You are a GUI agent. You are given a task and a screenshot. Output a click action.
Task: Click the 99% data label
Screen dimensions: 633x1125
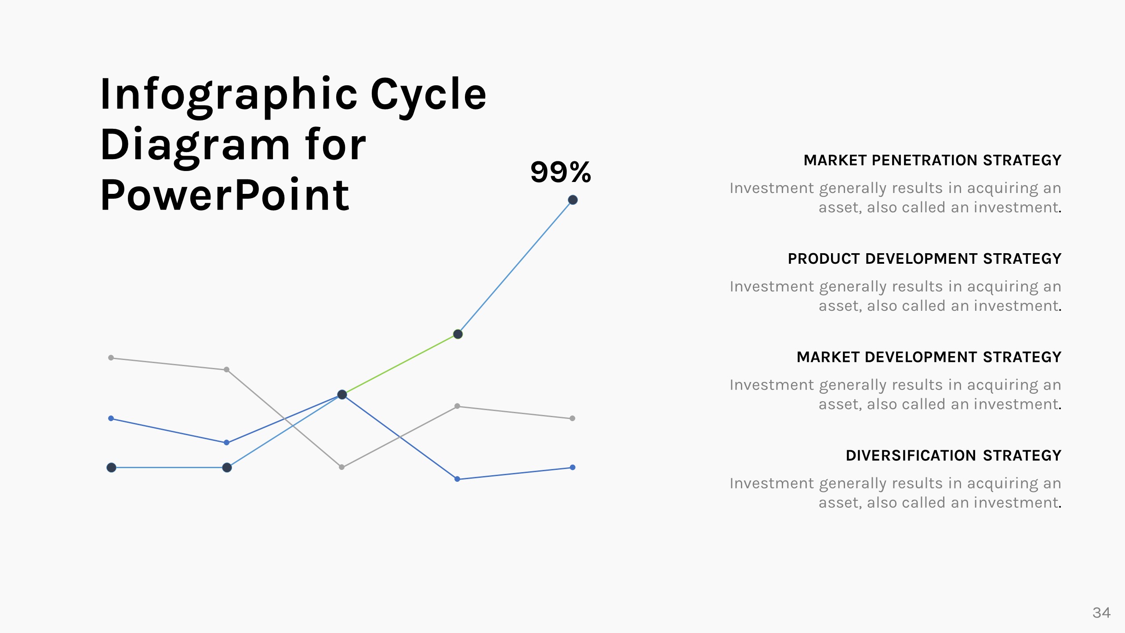(561, 172)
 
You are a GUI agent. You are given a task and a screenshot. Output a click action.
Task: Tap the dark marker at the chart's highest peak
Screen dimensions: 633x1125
(573, 200)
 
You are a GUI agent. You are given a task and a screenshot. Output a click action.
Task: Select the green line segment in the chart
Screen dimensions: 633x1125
(400, 364)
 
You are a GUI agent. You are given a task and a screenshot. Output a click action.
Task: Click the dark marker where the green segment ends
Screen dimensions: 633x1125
(458, 334)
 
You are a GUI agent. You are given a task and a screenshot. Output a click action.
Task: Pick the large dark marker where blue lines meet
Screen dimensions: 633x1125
(342, 395)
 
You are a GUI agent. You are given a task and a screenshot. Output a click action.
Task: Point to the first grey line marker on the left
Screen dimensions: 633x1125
(111, 358)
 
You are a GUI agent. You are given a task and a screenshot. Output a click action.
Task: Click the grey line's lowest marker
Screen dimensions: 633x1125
(342, 467)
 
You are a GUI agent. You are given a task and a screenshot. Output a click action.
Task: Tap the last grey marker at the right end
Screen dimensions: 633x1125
(572, 418)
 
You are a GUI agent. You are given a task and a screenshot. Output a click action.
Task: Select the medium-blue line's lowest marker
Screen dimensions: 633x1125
(457, 479)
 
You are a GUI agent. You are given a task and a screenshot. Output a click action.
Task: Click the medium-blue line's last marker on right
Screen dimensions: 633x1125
(572, 467)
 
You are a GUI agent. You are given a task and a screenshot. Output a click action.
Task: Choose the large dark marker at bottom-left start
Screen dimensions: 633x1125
(112, 467)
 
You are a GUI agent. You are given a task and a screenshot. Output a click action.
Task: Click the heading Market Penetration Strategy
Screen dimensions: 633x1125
(932, 160)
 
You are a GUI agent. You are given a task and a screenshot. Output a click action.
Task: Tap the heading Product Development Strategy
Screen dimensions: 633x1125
(924, 259)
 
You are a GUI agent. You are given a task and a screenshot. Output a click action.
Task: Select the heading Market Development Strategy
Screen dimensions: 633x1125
(929, 357)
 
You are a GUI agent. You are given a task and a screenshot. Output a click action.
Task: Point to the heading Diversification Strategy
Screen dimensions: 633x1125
(953, 456)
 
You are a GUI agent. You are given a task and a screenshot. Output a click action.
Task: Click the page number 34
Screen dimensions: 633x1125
(1101, 613)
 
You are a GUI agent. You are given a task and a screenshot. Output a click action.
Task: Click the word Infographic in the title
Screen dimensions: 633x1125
(229, 95)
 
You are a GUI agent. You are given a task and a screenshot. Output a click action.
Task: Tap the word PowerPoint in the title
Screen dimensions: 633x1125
(225, 196)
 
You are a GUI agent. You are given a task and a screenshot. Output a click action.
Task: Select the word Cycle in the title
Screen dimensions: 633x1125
(428, 95)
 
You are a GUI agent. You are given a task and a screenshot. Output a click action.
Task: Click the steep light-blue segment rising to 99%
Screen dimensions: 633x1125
(515, 267)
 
